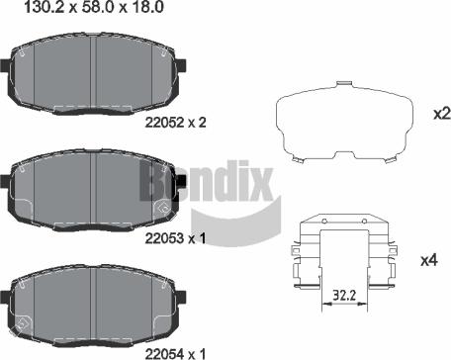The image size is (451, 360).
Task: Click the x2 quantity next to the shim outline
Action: [x=441, y=114]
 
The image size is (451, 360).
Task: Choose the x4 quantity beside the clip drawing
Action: [x=428, y=260]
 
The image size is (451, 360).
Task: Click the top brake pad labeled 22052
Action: [x=94, y=74]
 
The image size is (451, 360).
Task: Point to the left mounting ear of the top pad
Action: [x=6, y=70]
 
